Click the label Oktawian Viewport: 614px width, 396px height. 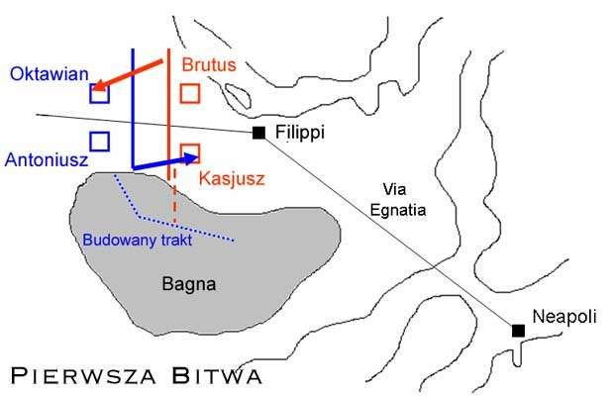[x=49, y=73]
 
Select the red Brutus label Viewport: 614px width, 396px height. [x=210, y=63]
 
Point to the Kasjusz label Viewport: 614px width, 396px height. [x=230, y=178]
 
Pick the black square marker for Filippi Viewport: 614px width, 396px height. [x=258, y=133]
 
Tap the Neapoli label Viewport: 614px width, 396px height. [x=565, y=317]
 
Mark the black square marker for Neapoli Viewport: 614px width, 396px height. [x=518, y=331]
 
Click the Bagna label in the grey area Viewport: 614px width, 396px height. [x=188, y=285]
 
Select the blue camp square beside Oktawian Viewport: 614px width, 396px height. [x=98, y=95]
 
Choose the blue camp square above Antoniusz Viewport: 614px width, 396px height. [x=98, y=141]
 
